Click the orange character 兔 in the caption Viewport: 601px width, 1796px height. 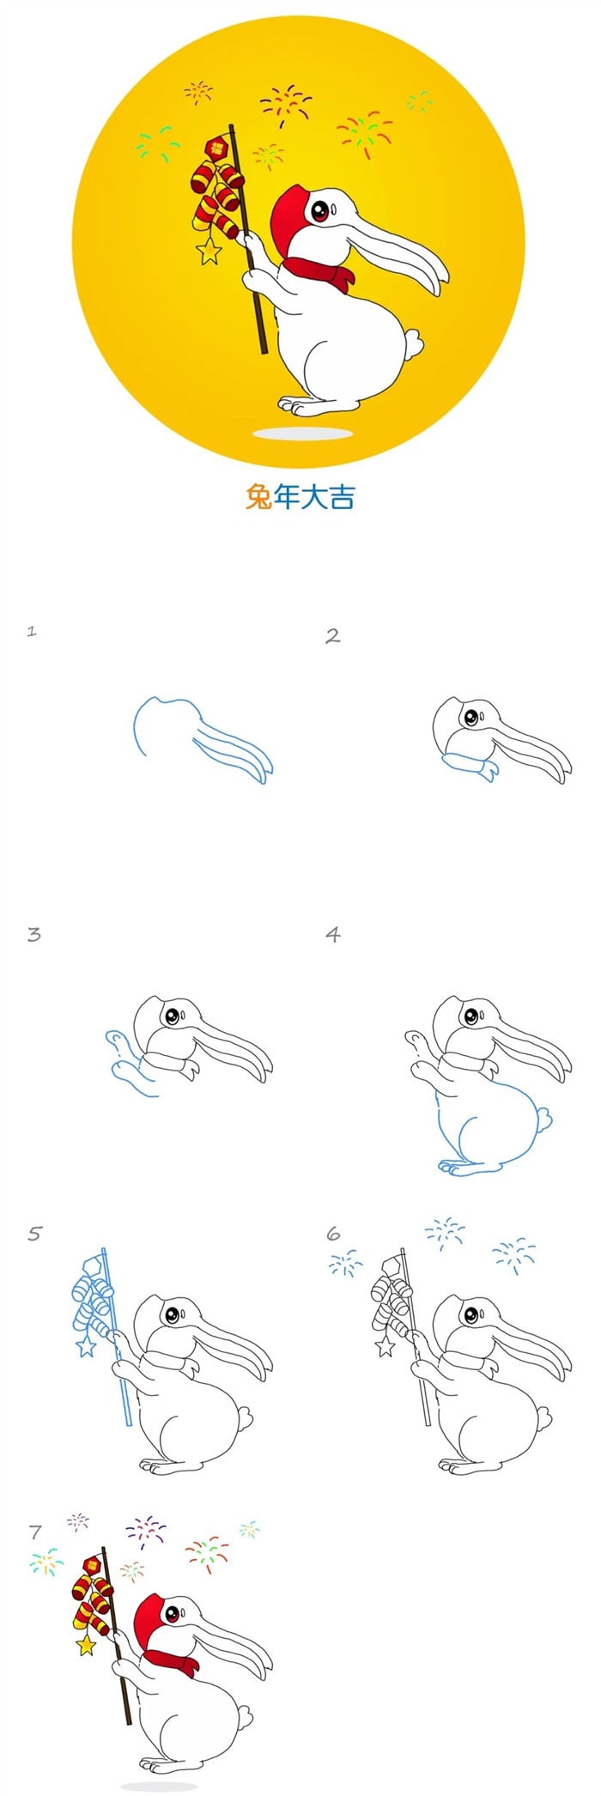pyautogui.click(x=258, y=497)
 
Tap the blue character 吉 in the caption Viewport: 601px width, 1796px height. pyautogui.click(x=341, y=497)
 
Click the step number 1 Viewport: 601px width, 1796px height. pyautogui.click(x=32, y=632)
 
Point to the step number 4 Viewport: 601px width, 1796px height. pyautogui.click(x=333, y=933)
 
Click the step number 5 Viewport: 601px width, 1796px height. pyautogui.click(x=34, y=1234)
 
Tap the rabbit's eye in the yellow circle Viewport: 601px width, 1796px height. pyautogui.click(x=321, y=210)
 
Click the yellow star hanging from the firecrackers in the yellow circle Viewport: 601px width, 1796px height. pyautogui.click(x=209, y=251)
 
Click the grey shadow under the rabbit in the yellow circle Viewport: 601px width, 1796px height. pyautogui.click(x=303, y=434)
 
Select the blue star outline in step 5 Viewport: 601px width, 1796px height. pyautogui.click(x=86, y=1346)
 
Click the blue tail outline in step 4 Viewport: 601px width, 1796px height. pyautogui.click(x=544, y=1117)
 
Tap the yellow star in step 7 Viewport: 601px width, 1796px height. pyautogui.click(x=86, y=1644)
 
